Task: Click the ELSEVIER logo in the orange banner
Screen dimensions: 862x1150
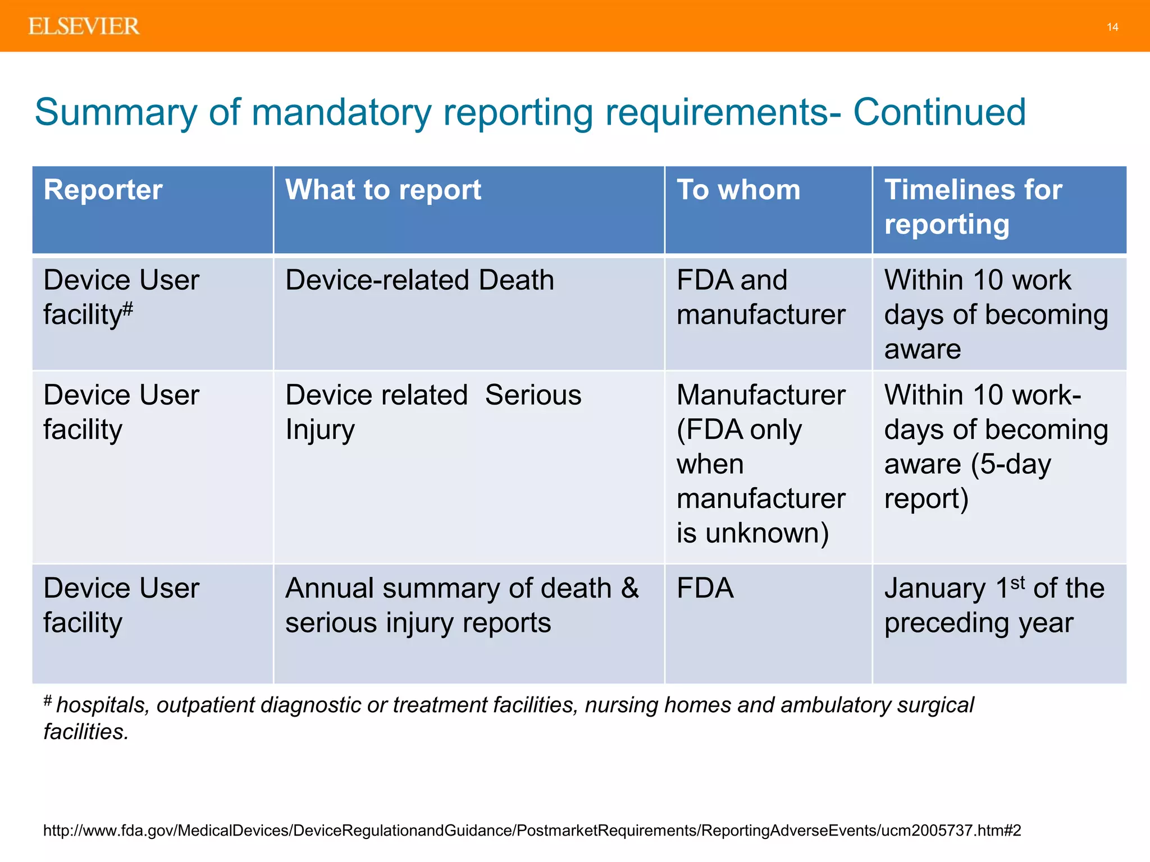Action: (x=84, y=26)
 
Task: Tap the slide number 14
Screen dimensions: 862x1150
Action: (x=1112, y=27)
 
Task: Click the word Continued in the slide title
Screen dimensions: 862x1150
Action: (x=939, y=112)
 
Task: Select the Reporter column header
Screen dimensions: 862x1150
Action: (x=103, y=190)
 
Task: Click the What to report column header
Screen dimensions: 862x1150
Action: (x=383, y=190)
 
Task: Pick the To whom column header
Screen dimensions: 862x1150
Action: (x=738, y=190)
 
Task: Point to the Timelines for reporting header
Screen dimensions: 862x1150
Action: (x=973, y=207)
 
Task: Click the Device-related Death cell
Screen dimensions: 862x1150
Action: (x=419, y=280)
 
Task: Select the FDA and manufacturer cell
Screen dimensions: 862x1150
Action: (x=760, y=297)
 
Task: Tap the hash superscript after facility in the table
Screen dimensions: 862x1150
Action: (x=128, y=308)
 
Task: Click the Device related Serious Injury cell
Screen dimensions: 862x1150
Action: (x=433, y=411)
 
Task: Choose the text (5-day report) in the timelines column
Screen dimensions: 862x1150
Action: (x=967, y=481)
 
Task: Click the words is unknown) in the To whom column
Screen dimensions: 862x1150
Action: (x=752, y=533)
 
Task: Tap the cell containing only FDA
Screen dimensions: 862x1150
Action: (x=705, y=589)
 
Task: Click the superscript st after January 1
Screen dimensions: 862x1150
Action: (x=1017, y=583)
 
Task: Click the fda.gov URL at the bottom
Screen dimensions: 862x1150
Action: (x=532, y=830)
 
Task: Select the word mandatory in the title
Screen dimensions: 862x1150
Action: (x=341, y=112)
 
